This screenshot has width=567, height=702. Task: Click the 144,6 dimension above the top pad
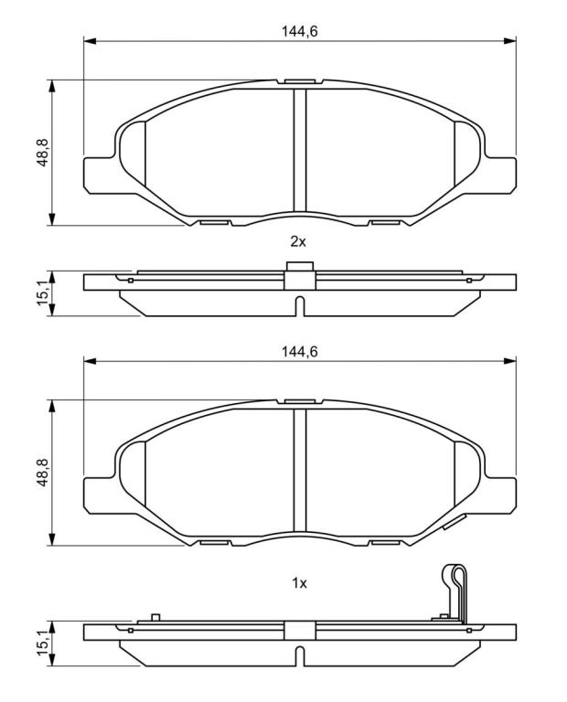(x=299, y=31)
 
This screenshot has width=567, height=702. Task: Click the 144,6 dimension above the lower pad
(x=299, y=351)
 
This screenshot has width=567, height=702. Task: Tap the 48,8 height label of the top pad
(x=43, y=153)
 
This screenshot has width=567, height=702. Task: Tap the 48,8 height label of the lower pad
(x=43, y=473)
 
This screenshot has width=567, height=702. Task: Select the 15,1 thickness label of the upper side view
(x=43, y=292)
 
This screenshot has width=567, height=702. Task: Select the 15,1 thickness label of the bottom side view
(x=43, y=643)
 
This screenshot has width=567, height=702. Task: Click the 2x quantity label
(x=298, y=241)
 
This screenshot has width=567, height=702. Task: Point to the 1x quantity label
(x=299, y=583)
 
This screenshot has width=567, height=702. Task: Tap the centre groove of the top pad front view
(x=300, y=150)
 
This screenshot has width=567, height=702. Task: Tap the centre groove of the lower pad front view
(x=300, y=470)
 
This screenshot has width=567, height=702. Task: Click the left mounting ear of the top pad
(x=100, y=175)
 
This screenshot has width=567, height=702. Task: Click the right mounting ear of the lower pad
(x=500, y=495)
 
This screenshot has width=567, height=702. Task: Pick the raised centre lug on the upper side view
(x=299, y=266)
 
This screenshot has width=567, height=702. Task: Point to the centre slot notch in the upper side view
(x=300, y=306)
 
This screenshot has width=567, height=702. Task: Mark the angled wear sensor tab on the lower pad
(x=455, y=522)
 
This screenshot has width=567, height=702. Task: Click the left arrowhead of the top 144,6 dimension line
(x=90, y=41)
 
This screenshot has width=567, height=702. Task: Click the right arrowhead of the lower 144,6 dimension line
(x=510, y=361)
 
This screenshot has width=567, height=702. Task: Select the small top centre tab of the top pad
(x=299, y=82)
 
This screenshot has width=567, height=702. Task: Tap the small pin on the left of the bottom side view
(x=155, y=617)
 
